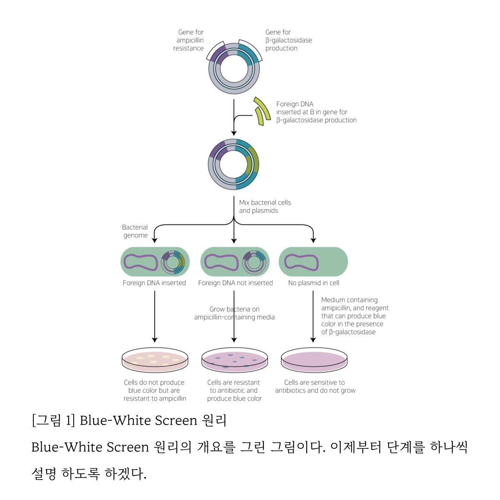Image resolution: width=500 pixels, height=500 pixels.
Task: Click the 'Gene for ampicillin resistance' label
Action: click(x=189, y=40)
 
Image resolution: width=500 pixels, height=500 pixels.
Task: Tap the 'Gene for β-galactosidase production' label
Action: click(x=288, y=40)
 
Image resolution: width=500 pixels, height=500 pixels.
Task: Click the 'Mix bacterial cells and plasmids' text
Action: click(x=265, y=207)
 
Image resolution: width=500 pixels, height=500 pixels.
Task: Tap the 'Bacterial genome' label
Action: click(x=135, y=231)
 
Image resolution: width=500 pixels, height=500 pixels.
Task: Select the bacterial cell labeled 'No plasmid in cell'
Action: click(x=313, y=262)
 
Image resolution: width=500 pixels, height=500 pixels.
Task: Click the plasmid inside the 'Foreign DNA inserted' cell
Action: click(x=173, y=262)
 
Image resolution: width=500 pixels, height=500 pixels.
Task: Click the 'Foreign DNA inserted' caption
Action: click(x=154, y=283)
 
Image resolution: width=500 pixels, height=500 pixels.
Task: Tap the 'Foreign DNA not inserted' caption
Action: click(x=235, y=283)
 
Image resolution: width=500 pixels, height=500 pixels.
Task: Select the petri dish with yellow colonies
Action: click(x=155, y=360)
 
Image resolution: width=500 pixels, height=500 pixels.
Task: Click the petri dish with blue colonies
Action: click(x=235, y=360)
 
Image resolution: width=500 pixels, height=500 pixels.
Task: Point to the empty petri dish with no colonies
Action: click(x=314, y=360)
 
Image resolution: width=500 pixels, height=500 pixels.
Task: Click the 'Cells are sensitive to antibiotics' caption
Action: click(x=315, y=386)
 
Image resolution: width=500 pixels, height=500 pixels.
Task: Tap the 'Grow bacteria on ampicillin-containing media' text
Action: click(x=235, y=313)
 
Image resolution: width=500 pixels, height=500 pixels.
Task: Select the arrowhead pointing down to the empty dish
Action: click(x=313, y=340)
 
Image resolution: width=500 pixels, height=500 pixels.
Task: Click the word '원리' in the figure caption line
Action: click(x=214, y=420)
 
